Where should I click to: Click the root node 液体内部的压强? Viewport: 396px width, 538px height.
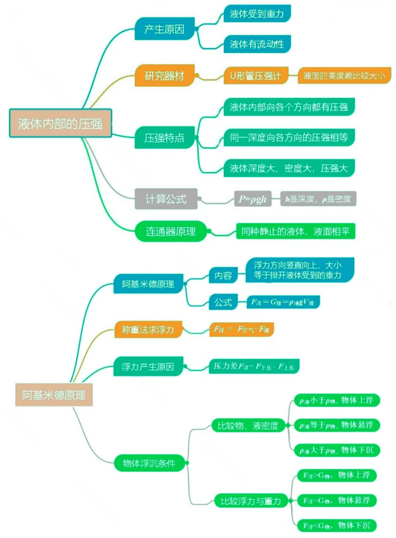pos(60,123)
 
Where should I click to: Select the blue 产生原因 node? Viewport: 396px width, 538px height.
pos(164,29)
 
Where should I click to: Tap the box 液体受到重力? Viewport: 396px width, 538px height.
pos(257,14)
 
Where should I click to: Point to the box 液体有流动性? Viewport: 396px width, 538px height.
pos(257,44)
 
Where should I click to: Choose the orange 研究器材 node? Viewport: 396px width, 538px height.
pos(164,76)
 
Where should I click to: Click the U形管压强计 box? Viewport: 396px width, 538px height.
pos(255,76)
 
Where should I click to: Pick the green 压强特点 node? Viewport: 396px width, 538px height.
pos(164,138)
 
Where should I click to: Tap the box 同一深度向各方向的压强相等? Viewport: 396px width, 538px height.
pos(289,138)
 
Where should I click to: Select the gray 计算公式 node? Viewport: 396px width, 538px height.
pos(166,199)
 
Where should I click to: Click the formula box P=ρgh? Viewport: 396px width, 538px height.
pos(253,199)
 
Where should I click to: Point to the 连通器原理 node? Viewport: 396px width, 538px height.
pos(170,231)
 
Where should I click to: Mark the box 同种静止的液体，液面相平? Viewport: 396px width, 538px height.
pos(296,231)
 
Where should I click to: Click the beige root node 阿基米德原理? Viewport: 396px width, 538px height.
pos(54,395)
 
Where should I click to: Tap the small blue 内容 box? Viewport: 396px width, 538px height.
pos(223,275)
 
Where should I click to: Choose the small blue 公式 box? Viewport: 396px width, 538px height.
pos(223,302)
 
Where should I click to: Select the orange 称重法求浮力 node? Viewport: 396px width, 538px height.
pos(148,329)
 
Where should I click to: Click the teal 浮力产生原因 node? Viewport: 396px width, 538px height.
pos(148,367)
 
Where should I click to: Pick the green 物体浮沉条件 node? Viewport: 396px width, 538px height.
pos(149,463)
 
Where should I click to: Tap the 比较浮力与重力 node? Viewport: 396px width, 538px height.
pos(251,501)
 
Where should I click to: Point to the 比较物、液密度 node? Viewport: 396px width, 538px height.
pos(248,426)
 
